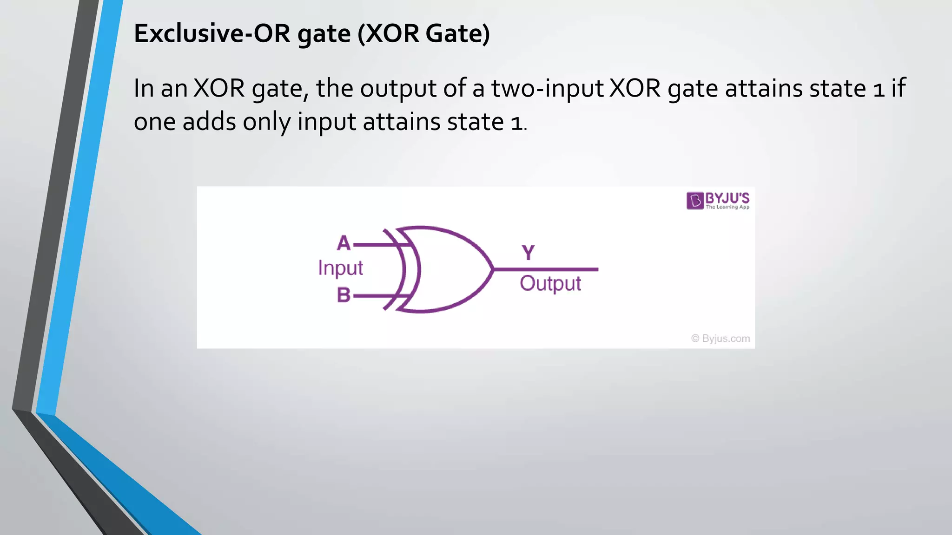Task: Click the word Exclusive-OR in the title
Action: tap(212, 33)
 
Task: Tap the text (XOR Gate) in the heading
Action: tap(423, 33)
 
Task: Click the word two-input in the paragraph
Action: tap(547, 88)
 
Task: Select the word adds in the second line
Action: tap(209, 122)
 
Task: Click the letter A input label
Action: tap(344, 243)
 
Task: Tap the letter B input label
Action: tap(344, 295)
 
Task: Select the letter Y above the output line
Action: tap(528, 253)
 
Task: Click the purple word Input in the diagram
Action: tap(340, 268)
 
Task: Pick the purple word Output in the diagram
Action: tap(550, 284)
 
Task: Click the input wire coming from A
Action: tap(374, 244)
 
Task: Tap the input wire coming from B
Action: tap(374, 296)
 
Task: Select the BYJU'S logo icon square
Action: tap(695, 201)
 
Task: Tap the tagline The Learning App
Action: tap(727, 207)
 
